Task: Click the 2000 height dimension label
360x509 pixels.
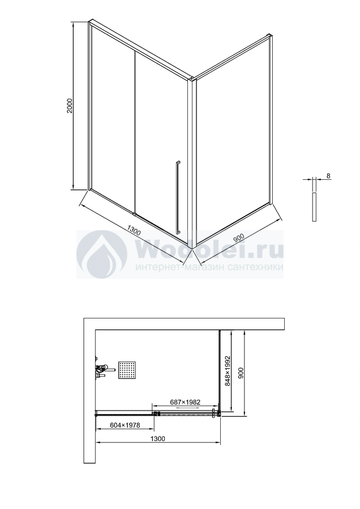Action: point(70,106)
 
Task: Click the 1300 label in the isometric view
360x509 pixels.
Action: point(134,231)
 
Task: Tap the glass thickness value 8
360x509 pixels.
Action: point(328,176)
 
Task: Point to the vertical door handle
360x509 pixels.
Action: point(178,197)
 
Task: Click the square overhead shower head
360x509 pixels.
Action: point(127,370)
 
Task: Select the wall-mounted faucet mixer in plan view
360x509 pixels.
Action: point(104,370)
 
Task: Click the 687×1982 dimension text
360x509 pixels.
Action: point(185,402)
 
